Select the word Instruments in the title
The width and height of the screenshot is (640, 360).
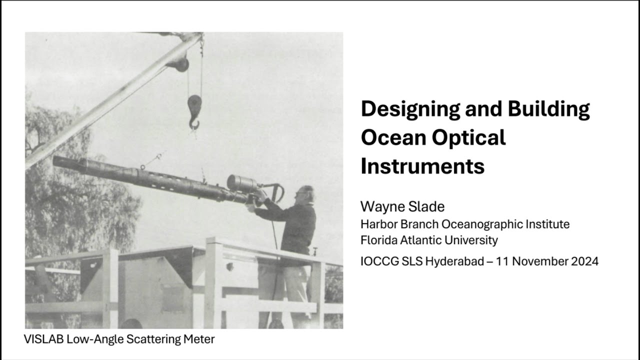[x=422, y=166]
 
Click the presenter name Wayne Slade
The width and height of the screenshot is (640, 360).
[x=402, y=206]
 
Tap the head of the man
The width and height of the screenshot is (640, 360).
[x=305, y=194]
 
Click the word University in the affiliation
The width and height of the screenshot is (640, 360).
[x=471, y=240]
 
